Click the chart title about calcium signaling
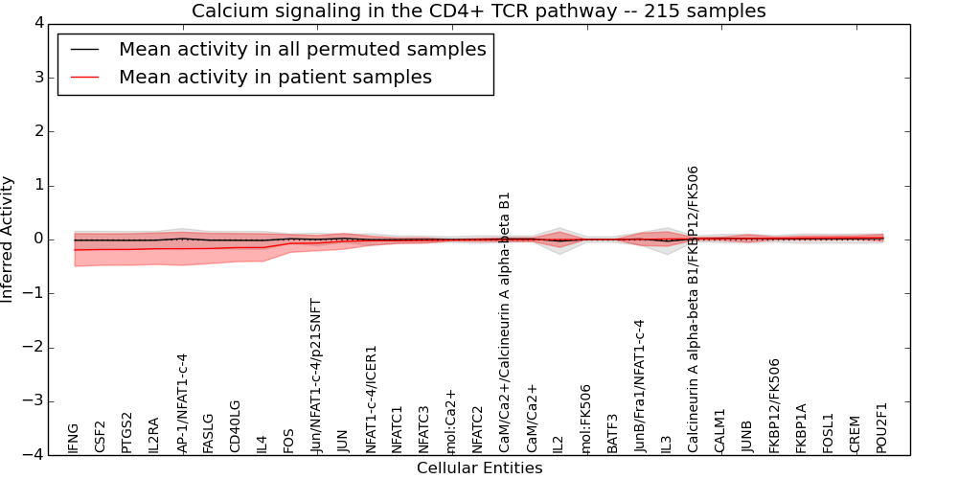tap(478, 11)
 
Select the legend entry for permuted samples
tap(302, 49)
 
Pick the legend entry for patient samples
tap(275, 77)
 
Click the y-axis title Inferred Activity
tap(8, 239)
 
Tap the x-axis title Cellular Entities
tap(479, 468)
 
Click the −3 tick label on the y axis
tap(34, 401)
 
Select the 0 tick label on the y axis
tap(38, 239)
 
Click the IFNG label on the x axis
tap(74, 438)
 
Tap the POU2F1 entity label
tap(882, 427)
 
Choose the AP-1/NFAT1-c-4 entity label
tap(182, 402)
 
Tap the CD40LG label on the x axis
tap(236, 426)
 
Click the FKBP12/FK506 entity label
tap(775, 405)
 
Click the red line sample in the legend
tap(84, 77)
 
